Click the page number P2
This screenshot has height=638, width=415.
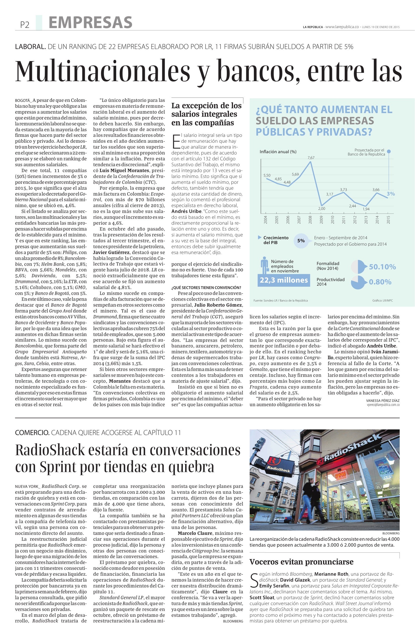(25, 25)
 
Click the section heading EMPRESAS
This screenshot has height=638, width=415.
(91, 22)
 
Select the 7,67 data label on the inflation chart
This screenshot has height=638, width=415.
(311, 158)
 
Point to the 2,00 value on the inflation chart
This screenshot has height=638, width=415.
(322, 208)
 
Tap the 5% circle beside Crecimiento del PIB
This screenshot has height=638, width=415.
(301, 240)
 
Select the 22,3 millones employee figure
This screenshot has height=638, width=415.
(284, 280)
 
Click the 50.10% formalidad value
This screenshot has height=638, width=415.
(382, 267)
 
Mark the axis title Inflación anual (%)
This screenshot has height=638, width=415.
(278, 152)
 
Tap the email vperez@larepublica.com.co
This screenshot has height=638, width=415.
(383, 405)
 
